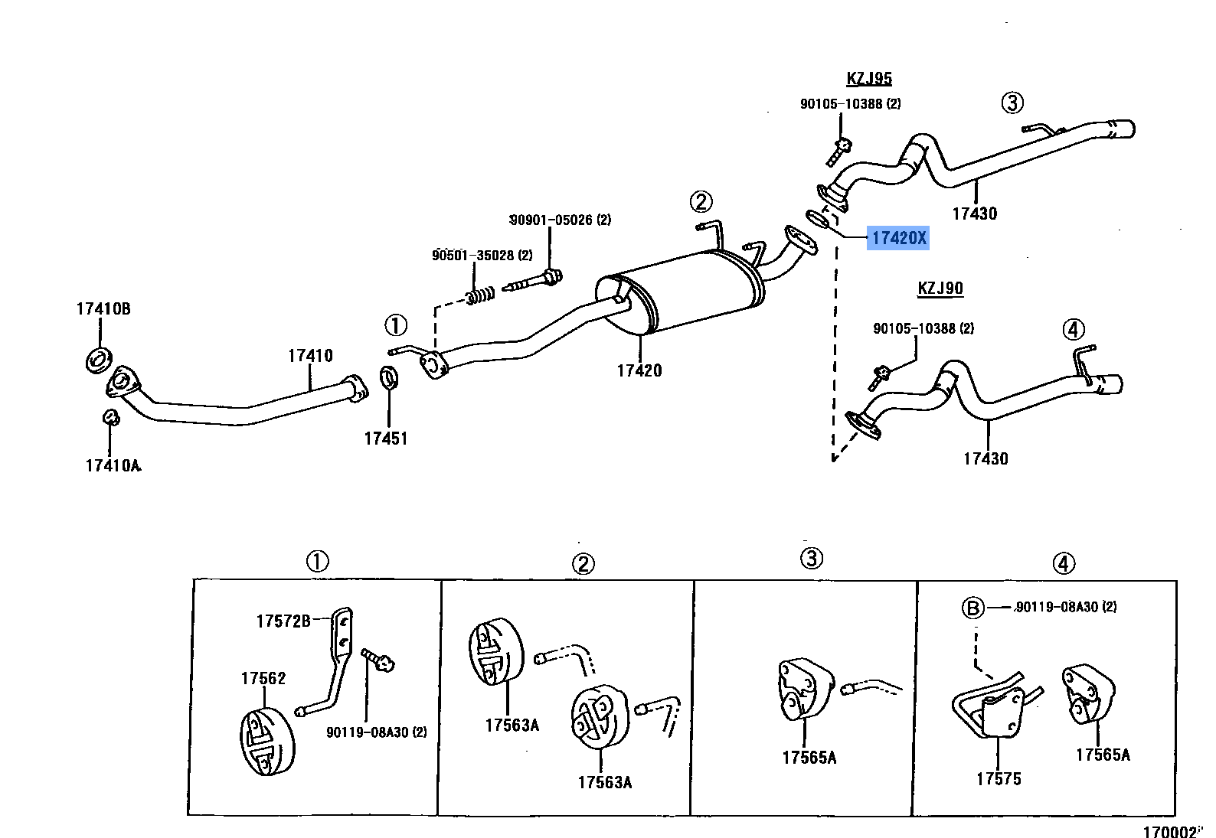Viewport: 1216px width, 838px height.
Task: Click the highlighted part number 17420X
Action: (x=898, y=238)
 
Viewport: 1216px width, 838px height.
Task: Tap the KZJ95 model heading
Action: (x=869, y=78)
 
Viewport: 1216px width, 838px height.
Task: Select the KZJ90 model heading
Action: (x=940, y=289)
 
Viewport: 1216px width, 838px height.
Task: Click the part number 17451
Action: (x=385, y=439)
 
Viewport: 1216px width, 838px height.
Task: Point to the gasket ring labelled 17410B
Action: (x=98, y=358)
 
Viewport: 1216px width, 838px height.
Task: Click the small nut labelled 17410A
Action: (x=110, y=417)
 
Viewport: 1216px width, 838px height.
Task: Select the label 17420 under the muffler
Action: (x=639, y=370)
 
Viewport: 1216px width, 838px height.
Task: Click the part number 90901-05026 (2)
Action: (x=561, y=220)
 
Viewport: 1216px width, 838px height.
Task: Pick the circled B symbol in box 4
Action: (x=972, y=608)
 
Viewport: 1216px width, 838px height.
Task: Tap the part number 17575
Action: (x=999, y=779)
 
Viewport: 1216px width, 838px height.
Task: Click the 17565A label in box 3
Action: (x=809, y=758)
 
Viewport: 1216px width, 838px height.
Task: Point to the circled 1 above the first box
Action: (x=317, y=562)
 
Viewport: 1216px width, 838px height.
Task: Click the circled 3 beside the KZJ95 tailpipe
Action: (x=1012, y=103)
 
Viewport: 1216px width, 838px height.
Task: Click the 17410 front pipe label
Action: (x=310, y=356)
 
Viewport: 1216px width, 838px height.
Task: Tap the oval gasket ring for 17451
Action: (x=389, y=377)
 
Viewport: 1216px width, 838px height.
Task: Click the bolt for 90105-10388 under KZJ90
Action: (x=880, y=375)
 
